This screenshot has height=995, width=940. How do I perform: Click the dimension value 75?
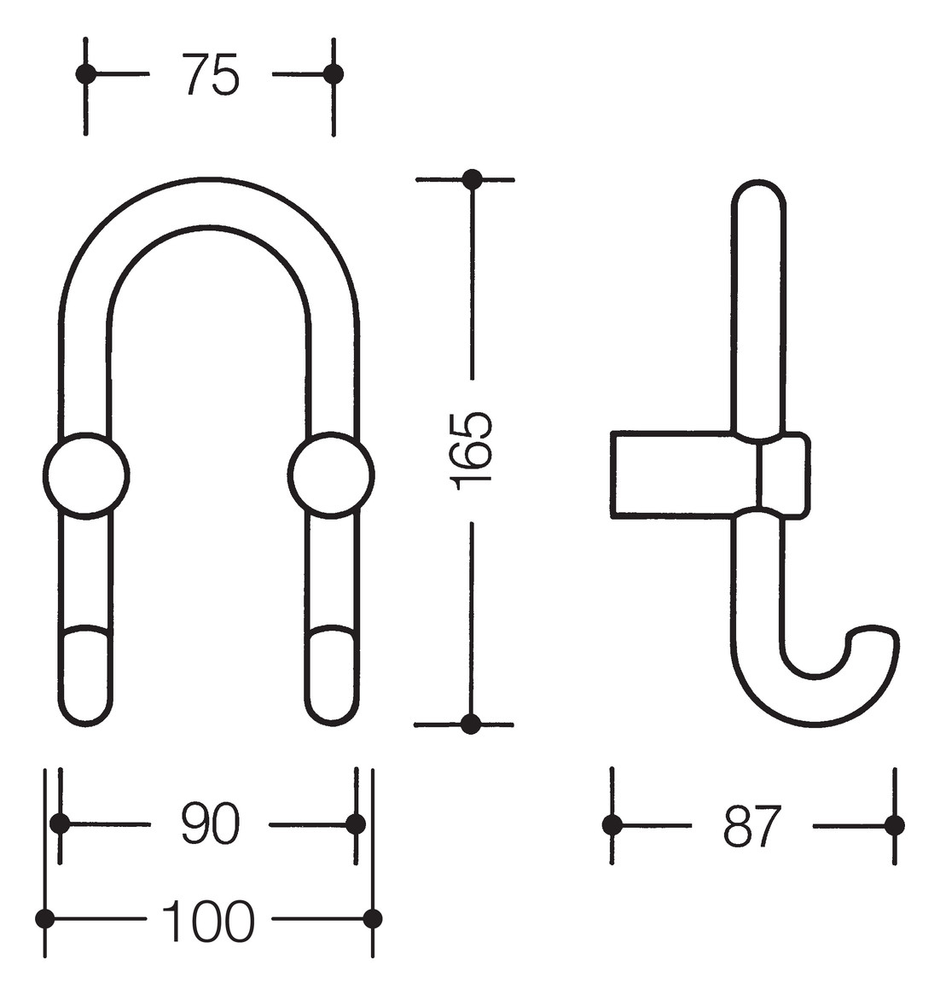pyautogui.click(x=210, y=75)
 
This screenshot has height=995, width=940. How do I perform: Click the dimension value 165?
pyautogui.click(x=472, y=451)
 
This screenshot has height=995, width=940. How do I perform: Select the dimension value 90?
pyautogui.click(x=210, y=824)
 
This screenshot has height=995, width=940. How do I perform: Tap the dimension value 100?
pyautogui.click(x=208, y=920)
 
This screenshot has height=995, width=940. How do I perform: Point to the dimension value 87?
pyautogui.click(x=752, y=826)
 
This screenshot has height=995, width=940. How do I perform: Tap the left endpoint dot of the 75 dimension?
pyautogui.click(x=85, y=74)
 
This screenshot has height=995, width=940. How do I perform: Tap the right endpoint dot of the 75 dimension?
pyautogui.click(x=334, y=74)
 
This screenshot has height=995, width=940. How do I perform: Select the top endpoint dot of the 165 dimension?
pyautogui.click(x=472, y=179)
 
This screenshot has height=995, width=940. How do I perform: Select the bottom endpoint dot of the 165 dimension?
pyautogui.click(x=471, y=724)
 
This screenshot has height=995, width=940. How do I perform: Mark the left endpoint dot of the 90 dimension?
pyautogui.click(x=60, y=823)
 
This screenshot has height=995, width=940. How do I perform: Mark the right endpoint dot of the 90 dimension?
pyautogui.click(x=356, y=823)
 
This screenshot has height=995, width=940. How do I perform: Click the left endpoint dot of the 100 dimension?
pyautogui.click(x=45, y=919)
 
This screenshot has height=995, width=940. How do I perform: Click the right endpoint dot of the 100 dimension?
pyautogui.click(x=373, y=919)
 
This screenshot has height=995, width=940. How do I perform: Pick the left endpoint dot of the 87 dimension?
pyautogui.click(x=612, y=825)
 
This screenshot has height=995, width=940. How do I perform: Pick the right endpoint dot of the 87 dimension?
pyautogui.click(x=894, y=825)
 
